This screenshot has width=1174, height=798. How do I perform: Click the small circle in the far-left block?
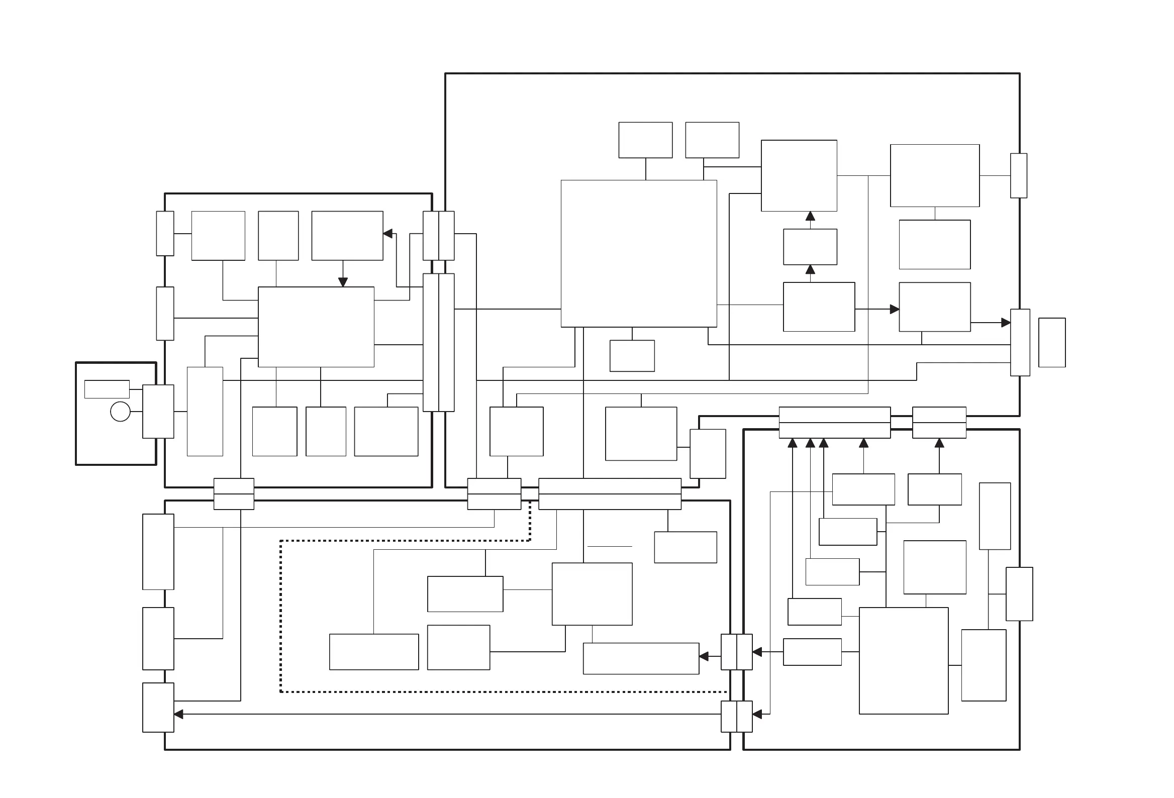pos(120,412)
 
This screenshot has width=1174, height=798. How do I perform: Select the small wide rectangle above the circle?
pos(107,389)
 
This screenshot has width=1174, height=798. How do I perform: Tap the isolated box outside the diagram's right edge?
pos(1052,342)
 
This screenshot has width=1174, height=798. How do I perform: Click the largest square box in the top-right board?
pos(639,254)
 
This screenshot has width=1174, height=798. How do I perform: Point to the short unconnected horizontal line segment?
pos(610,546)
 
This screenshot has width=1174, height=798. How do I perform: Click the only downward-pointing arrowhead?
pos(343,282)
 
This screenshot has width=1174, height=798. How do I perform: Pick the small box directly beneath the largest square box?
pos(632,356)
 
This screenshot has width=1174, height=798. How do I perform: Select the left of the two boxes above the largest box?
pos(645,140)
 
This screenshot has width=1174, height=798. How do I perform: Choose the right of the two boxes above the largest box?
pos(712,140)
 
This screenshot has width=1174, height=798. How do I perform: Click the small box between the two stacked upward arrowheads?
pos(810,246)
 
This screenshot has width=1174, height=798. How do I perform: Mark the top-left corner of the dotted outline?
pos(281,541)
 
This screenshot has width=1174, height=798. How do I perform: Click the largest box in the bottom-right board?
pos(903,661)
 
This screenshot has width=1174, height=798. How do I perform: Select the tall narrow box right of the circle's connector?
pos(205,411)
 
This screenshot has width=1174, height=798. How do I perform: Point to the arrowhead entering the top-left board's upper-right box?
pos(388,234)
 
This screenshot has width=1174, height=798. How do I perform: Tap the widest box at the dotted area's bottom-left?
pos(374,652)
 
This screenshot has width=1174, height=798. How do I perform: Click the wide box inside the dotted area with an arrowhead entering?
pos(641,658)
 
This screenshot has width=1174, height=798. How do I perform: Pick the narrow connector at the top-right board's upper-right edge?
pos(1018,176)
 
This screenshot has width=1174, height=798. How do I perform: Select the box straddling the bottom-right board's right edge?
pos(1019,594)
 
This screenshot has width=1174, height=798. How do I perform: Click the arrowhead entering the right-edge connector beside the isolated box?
pos(1005,322)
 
